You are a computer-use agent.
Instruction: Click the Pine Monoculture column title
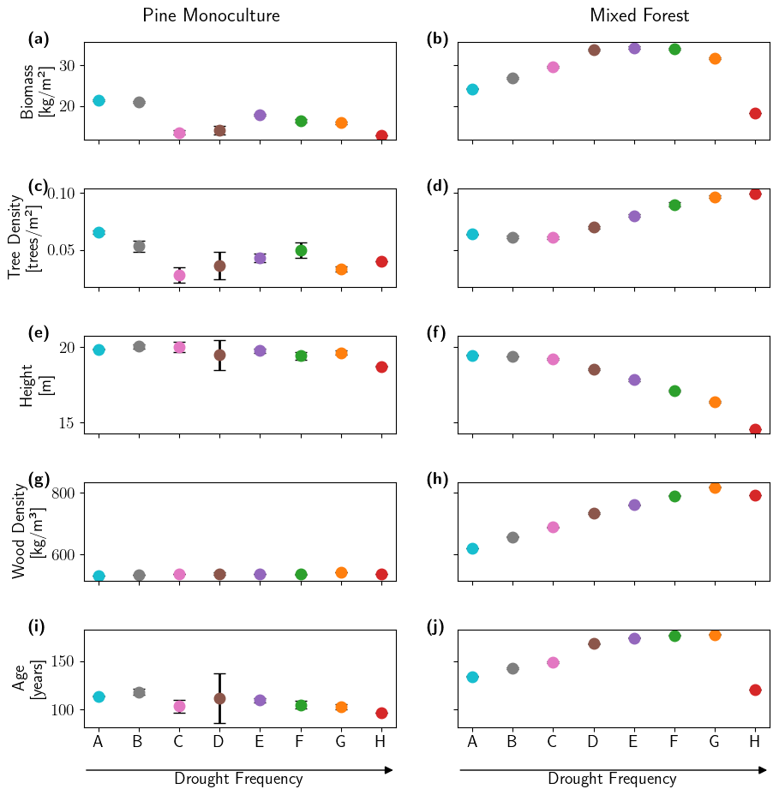[x=211, y=15]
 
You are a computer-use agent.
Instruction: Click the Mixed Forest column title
[x=639, y=15]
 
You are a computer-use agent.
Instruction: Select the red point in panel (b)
[x=755, y=113]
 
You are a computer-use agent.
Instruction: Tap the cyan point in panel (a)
[x=99, y=100]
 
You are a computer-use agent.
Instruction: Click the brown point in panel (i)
[x=219, y=698]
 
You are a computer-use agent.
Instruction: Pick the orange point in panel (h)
[x=715, y=487]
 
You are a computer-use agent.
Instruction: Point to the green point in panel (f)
[x=674, y=391]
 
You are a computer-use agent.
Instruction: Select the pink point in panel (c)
[x=179, y=275]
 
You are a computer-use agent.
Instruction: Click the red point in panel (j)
[x=755, y=690]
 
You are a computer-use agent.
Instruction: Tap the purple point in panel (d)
[x=634, y=216]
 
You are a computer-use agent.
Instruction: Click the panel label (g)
[x=39, y=480]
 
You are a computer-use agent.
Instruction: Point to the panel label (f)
[x=437, y=333]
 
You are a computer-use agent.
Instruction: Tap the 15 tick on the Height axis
[x=67, y=422]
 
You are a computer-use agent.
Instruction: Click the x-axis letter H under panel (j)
[x=755, y=741]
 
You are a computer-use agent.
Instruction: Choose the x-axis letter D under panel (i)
[x=219, y=741]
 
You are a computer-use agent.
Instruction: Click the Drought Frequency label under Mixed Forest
[x=612, y=779]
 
